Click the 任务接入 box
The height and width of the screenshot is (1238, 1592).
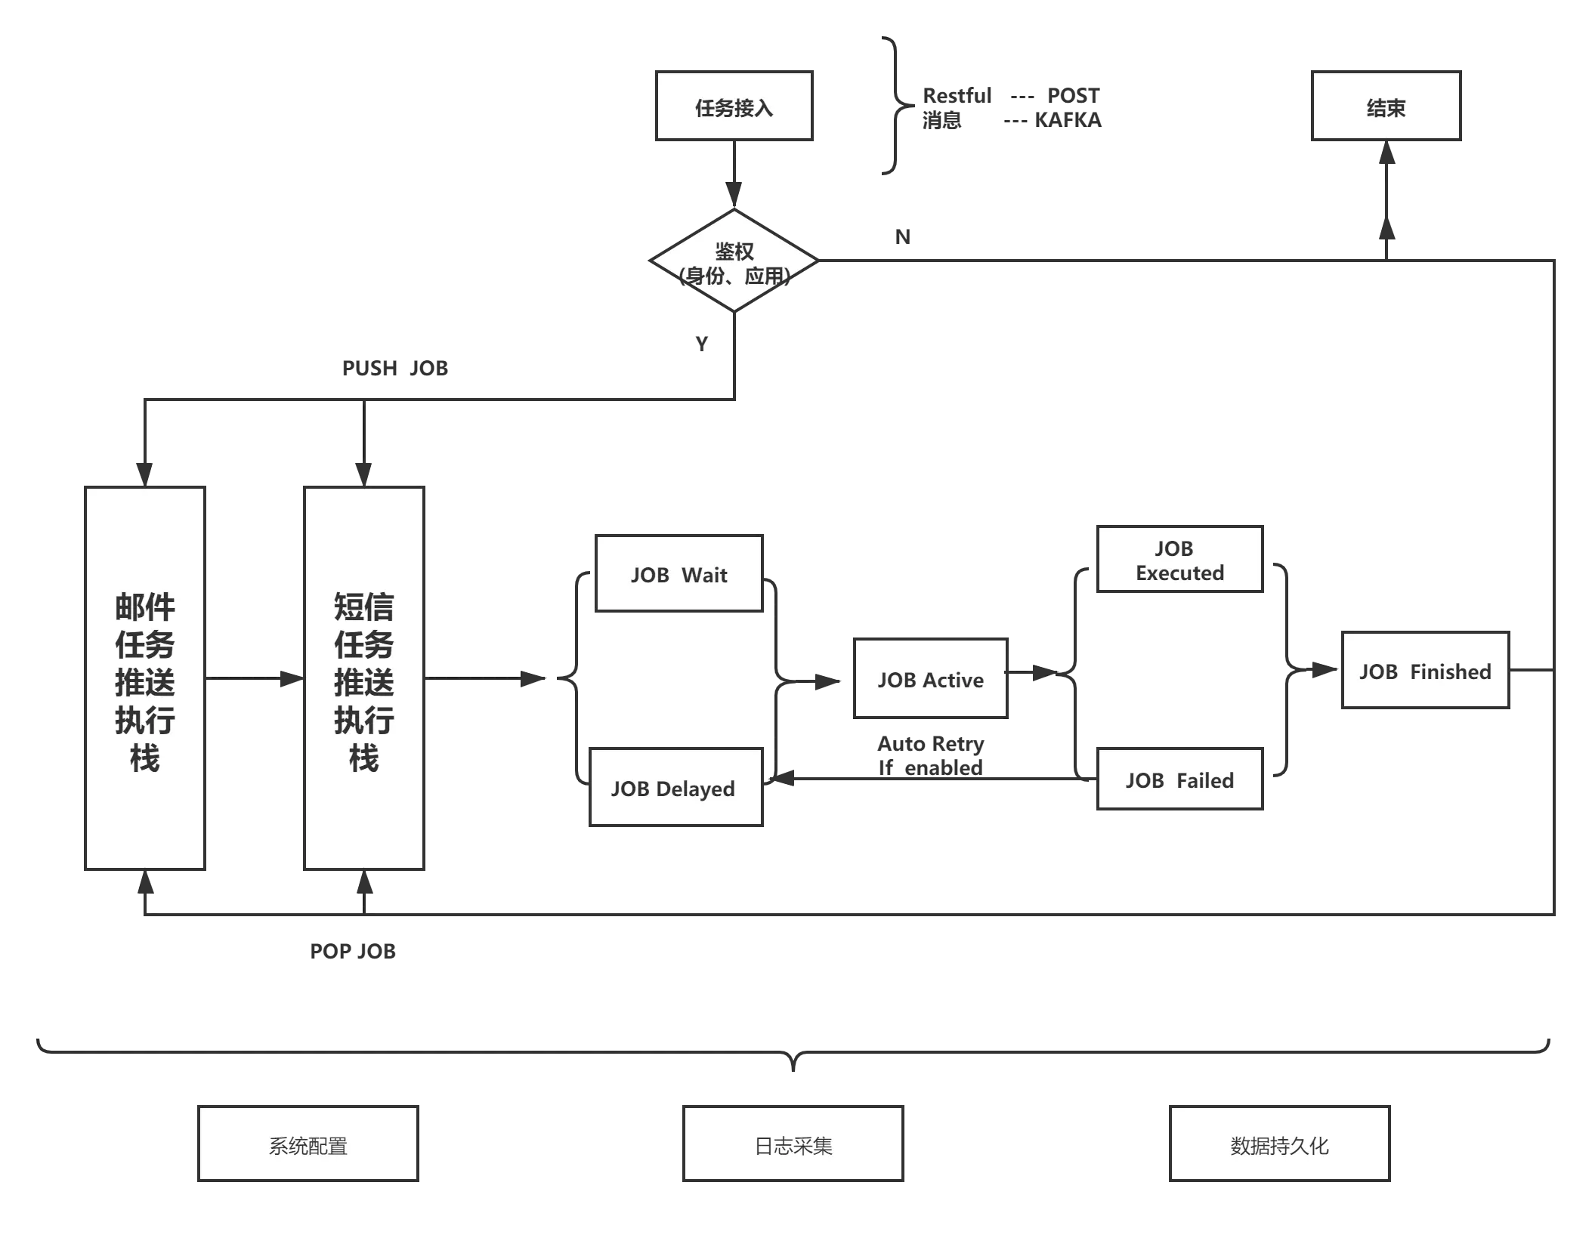[x=733, y=107]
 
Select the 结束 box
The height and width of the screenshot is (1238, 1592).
[x=1386, y=107]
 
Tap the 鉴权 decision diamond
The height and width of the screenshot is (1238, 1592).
[x=733, y=261]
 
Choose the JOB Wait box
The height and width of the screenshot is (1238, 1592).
[x=679, y=574]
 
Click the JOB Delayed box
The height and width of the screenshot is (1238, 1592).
[x=674, y=787]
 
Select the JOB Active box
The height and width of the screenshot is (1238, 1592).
[x=930, y=679]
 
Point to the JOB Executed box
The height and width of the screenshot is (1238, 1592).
[x=1179, y=560]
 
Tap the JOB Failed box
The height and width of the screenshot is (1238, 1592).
[x=1179, y=780]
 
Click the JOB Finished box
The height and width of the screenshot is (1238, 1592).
[x=1424, y=671]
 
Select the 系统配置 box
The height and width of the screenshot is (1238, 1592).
[x=308, y=1144]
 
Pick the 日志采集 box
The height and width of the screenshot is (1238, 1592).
[x=793, y=1144]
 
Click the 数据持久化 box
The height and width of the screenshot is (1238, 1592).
[x=1279, y=1144]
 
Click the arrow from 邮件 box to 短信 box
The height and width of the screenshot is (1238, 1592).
[x=287, y=680]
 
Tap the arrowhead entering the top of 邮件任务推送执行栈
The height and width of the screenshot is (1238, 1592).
[x=144, y=467]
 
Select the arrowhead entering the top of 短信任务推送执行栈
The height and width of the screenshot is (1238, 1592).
[x=364, y=467]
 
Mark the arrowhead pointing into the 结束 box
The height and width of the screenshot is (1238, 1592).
[x=1386, y=156]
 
